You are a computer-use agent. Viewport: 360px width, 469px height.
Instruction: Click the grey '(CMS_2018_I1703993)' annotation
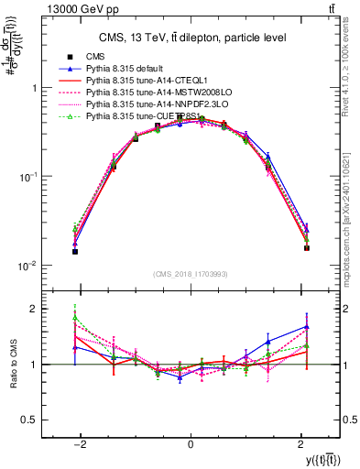coord(190,273)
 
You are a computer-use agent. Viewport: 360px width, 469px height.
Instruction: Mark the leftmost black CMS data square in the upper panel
coord(75,251)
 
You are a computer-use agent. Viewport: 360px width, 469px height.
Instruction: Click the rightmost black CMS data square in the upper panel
coord(307,248)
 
